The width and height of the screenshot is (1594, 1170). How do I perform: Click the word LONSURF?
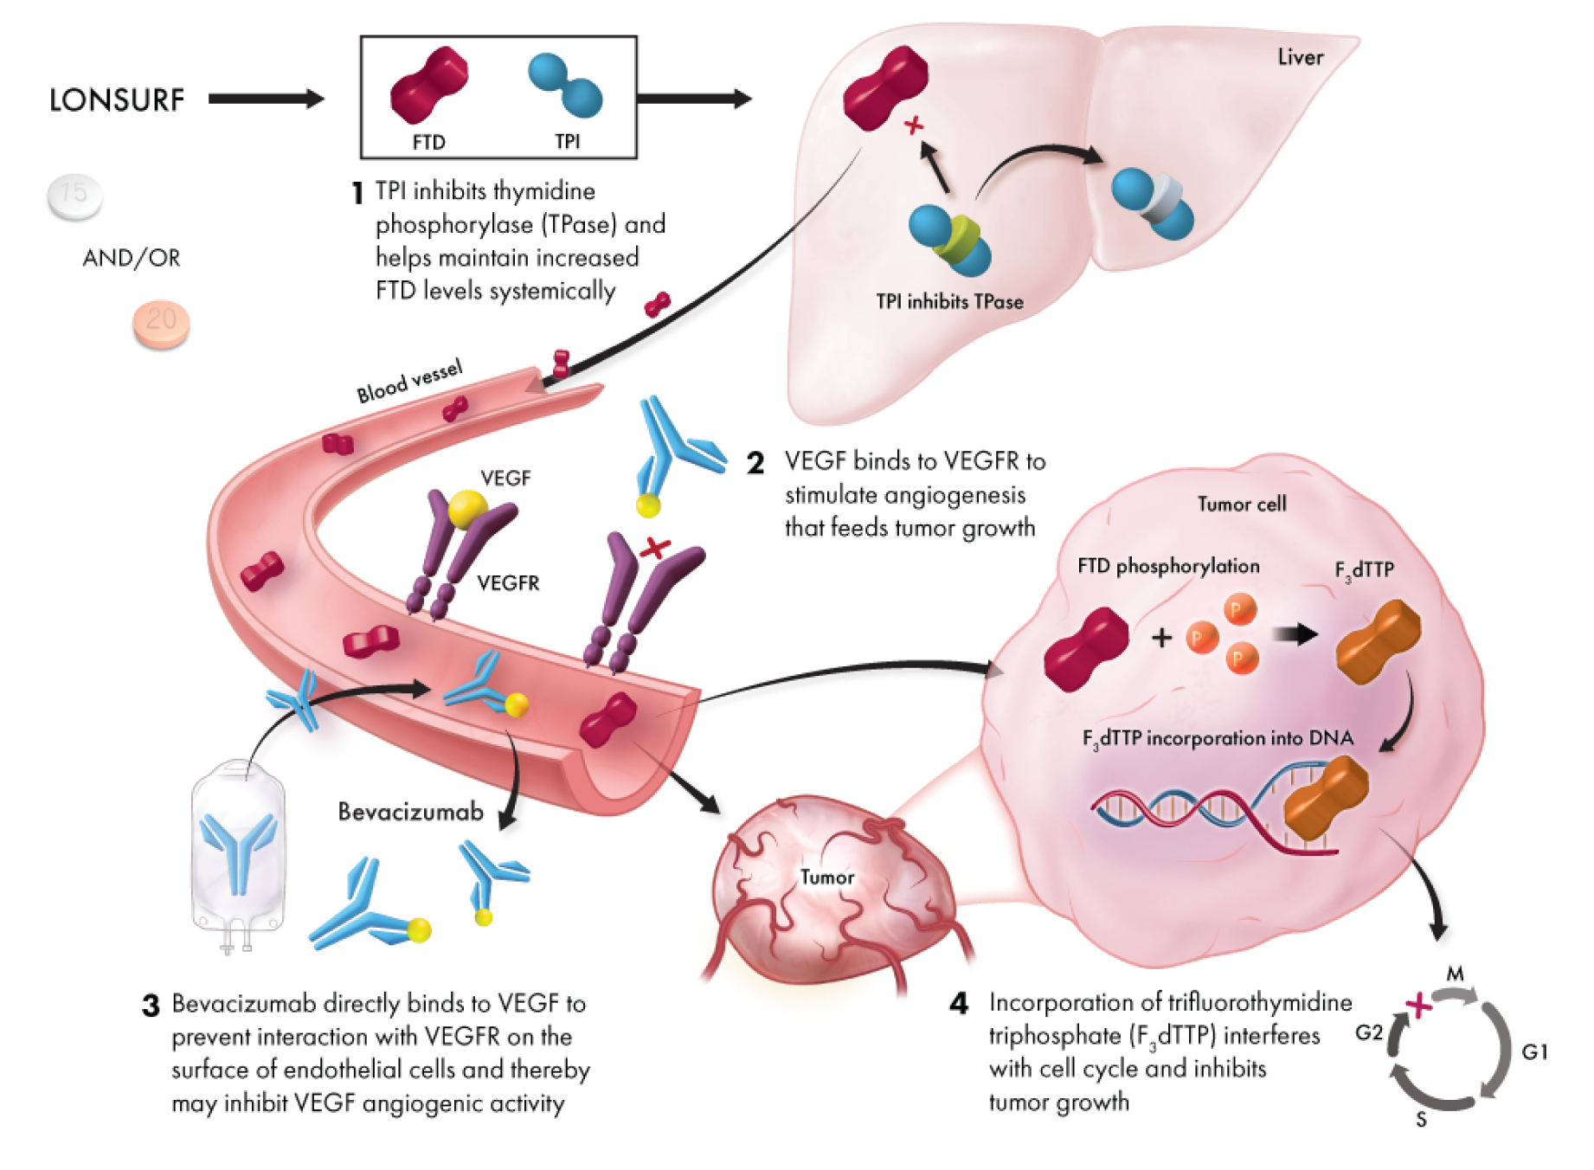(117, 100)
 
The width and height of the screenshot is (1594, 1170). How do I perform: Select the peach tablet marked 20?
(160, 323)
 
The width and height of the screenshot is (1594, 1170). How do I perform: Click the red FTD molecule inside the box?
(429, 84)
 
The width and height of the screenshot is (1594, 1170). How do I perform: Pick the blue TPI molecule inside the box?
(566, 85)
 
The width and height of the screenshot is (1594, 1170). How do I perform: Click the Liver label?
(1301, 57)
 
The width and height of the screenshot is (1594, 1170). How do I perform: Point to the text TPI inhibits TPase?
(949, 301)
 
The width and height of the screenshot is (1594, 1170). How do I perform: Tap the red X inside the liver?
(913, 127)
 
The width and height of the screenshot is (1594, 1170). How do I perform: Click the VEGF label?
(505, 478)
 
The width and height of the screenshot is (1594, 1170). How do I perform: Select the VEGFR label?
(509, 584)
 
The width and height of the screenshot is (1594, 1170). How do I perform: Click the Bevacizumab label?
(410, 812)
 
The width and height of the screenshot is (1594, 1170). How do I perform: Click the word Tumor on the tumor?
(827, 877)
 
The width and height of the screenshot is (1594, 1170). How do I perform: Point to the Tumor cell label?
(1242, 504)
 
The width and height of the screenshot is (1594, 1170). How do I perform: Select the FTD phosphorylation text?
(1168, 566)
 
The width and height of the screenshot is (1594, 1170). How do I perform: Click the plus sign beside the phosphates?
(1162, 638)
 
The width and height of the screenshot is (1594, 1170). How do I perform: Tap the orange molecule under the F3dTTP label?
(1378, 641)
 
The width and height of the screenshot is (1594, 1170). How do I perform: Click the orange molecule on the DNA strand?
(1324, 800)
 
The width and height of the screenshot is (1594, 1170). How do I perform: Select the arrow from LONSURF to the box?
(267, 99)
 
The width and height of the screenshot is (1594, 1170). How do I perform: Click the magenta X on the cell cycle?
(1417, 1006)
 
